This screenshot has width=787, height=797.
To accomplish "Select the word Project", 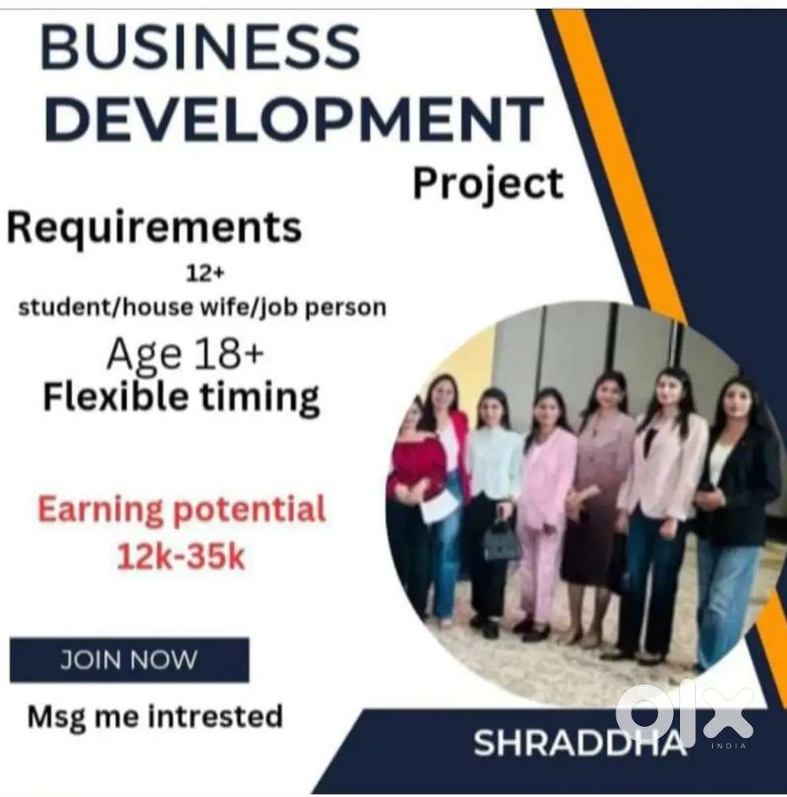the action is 488,184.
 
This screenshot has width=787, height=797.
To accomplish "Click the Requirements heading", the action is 155,227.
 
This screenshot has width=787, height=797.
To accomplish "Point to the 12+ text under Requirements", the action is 205,274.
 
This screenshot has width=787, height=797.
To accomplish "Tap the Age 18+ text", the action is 186,355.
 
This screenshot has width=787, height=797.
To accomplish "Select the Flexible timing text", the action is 181,397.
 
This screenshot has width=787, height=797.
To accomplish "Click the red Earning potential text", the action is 181,509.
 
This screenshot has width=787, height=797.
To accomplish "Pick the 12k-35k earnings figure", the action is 181,557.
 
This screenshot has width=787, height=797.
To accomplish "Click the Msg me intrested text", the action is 155,716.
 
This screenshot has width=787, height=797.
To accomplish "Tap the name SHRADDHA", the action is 579,743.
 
